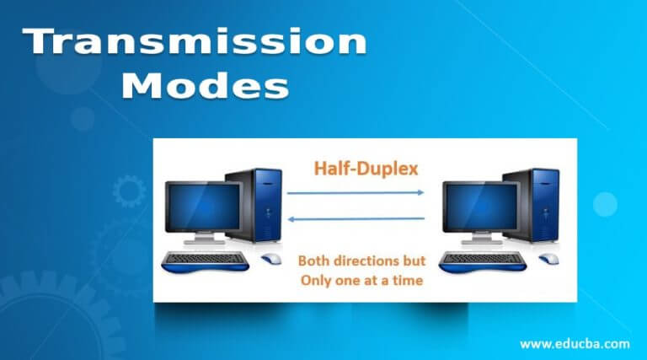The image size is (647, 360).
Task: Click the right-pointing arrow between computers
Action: pos(355,193)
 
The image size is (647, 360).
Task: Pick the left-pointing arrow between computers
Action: pos(355,218)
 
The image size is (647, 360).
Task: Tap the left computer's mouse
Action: pos(271,258)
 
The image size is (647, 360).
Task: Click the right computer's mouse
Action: pos(548,258)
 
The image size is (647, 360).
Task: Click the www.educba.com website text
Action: pos(574,343)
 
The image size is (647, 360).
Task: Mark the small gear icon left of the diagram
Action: pos(129,191)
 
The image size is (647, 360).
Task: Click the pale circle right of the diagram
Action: pos(605,205)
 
